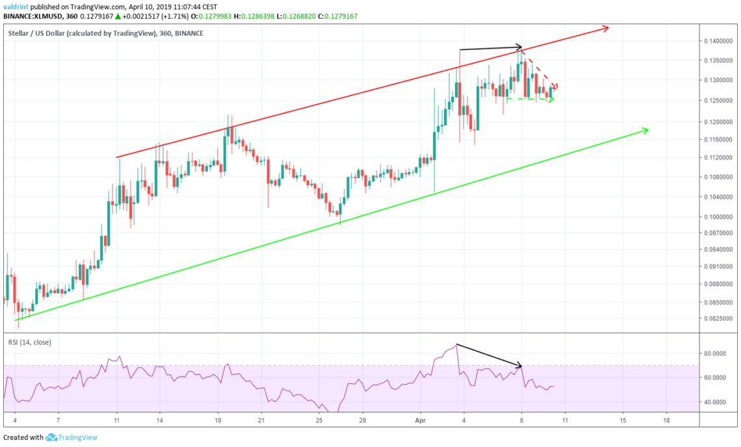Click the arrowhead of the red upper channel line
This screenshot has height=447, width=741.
point(606,27)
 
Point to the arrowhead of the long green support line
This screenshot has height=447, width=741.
point(646,131)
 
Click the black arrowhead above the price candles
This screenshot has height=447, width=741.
point(520,47)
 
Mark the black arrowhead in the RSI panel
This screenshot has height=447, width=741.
point(519,366)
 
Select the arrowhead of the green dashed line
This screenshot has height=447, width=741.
point(551,99)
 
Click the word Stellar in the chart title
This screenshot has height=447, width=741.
point(19,34)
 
